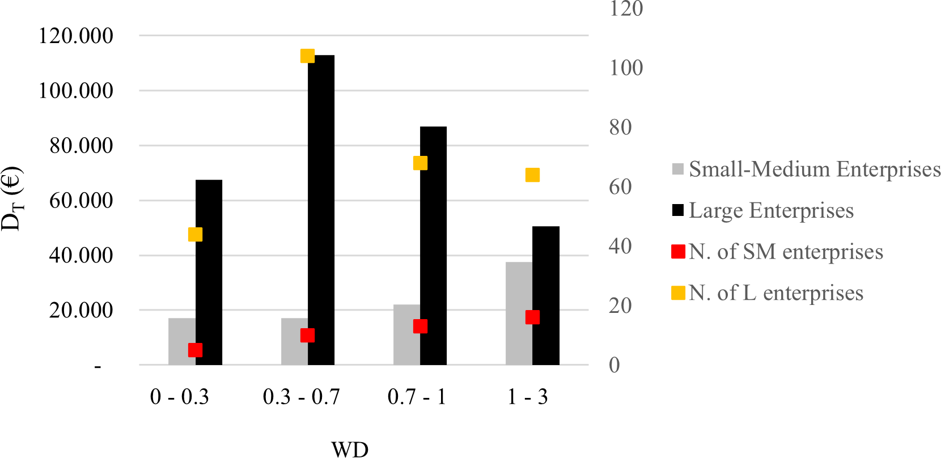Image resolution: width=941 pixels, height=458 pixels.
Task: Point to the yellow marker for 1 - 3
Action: click(532, 175)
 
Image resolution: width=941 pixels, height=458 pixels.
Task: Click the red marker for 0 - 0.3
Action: click(195, 350)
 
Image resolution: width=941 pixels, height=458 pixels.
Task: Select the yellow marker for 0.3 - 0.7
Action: click(307, 56)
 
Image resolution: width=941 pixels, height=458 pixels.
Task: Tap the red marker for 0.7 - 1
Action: click(420, 326)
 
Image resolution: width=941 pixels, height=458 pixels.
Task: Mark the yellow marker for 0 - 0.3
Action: click(195, 234)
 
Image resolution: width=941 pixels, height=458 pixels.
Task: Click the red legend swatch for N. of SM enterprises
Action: click(678, 252)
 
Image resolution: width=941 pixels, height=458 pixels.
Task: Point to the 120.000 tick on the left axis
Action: click(76, 36)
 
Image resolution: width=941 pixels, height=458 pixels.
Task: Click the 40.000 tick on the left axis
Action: click(81, 255)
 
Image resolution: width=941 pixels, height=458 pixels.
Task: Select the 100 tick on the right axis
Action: click(626, 68)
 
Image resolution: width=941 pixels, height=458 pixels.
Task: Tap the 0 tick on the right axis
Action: click(614, 365)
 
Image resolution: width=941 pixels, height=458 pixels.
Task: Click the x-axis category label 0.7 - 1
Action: click(417, 397)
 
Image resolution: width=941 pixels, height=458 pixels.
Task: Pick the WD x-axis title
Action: click(350, 449)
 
